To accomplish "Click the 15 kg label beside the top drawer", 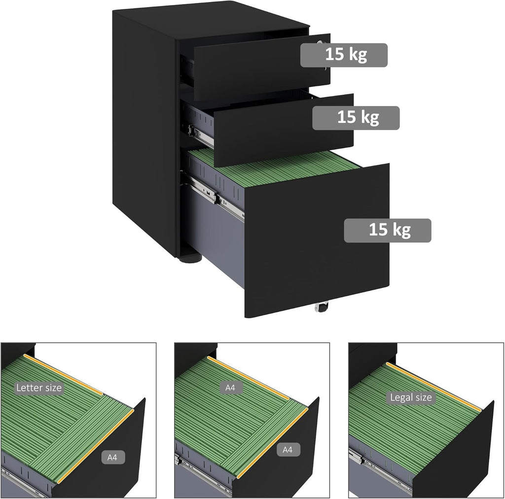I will click(344, 54).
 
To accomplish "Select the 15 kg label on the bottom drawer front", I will click(388, 230).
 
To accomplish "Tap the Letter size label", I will click(39, 388).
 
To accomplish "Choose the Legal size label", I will click(410, 397).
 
